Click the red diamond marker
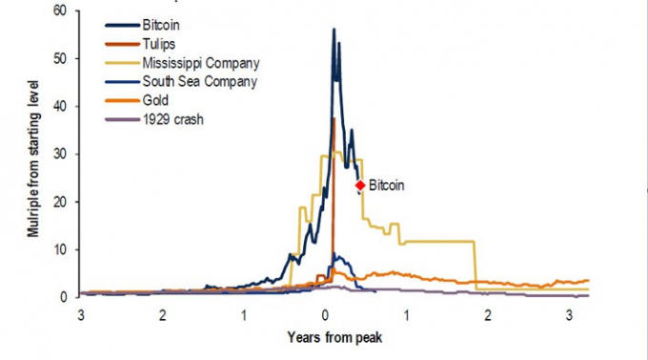pos(360,186)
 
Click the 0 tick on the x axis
pos(326,314)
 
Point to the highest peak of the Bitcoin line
pos(334,30)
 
